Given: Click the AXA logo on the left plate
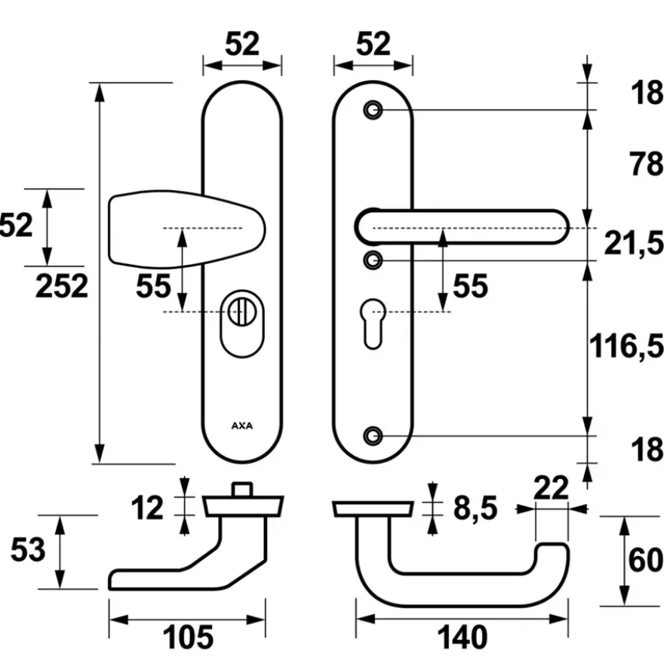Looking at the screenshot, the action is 242,426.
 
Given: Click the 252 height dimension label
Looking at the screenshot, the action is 62,286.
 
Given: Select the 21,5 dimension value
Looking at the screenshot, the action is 634,244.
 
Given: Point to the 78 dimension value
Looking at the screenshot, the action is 646,164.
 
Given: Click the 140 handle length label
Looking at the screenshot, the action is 462,638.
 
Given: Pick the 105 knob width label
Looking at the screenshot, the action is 188,638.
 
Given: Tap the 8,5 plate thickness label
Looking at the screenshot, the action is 475,508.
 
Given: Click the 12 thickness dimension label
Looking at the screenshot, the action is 147,508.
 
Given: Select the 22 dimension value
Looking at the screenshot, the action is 551,488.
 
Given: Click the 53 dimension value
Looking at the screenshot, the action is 28,549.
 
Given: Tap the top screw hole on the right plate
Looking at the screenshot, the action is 373,110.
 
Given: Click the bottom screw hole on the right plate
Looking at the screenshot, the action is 373,436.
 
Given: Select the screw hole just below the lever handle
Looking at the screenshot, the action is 373,260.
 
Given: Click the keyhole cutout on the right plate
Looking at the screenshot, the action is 373,324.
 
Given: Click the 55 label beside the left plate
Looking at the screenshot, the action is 153,286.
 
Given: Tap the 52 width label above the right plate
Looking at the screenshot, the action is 373,44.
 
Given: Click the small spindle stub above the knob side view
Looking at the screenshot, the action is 242,490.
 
